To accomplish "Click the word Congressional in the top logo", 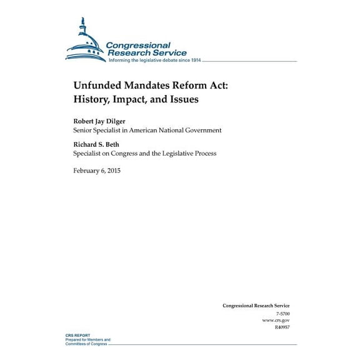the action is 138,46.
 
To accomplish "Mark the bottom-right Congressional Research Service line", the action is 256,288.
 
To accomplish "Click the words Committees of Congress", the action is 88,343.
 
